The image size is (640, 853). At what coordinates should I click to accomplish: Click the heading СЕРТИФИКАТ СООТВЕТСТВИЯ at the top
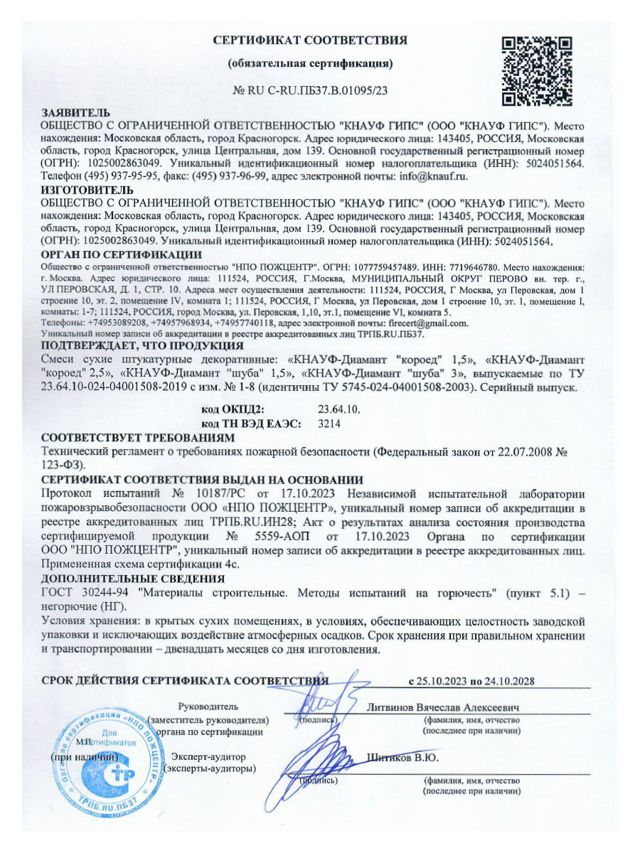coord(311,41)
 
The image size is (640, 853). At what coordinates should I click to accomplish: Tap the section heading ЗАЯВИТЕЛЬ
coord(75,113)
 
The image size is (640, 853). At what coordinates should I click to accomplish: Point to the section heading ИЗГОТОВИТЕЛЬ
coord(87,191)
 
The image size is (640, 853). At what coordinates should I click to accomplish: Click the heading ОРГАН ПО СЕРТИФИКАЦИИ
coord(122,254)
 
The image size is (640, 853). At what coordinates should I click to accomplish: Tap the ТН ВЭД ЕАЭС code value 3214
coord(328,423)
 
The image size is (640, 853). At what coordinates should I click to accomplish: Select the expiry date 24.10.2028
coord(507,680)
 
